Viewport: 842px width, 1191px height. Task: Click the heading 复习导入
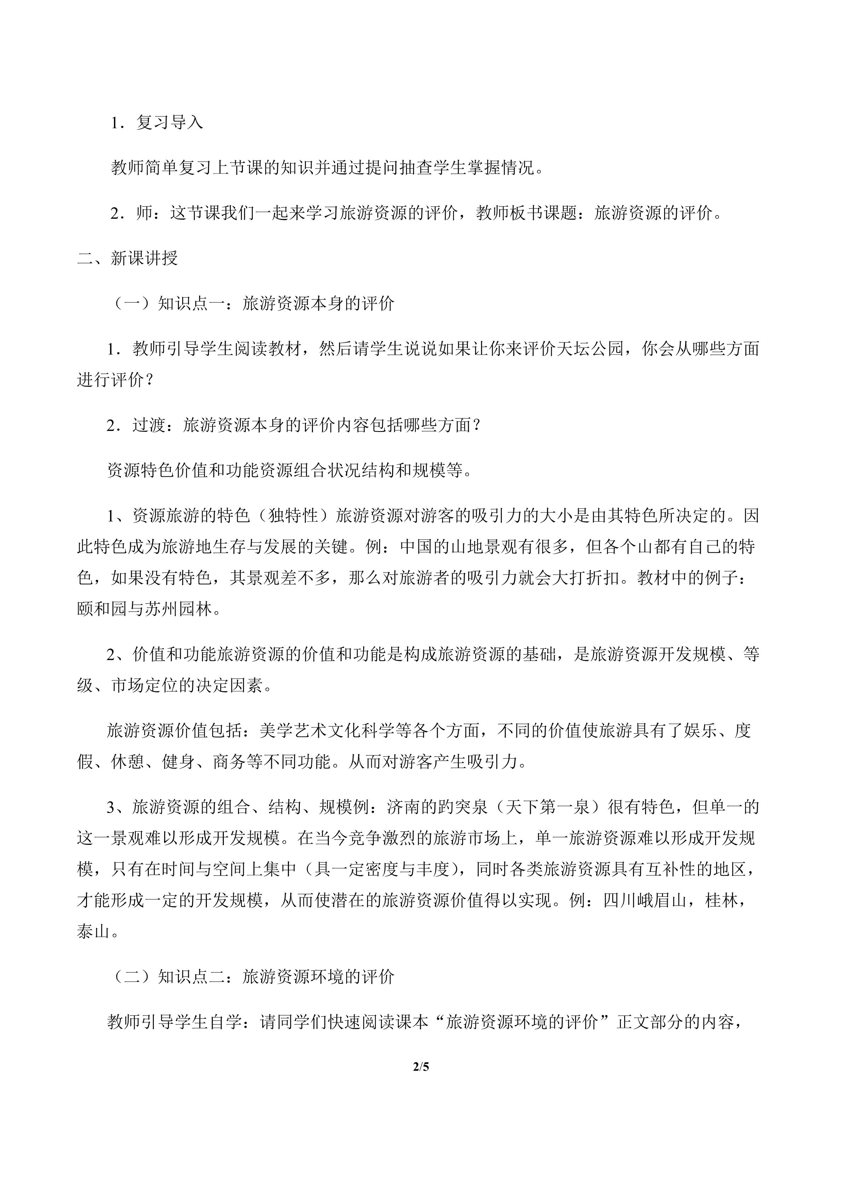click(x=170, y=122)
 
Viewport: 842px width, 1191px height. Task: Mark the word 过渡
click(x=149, y=425)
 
